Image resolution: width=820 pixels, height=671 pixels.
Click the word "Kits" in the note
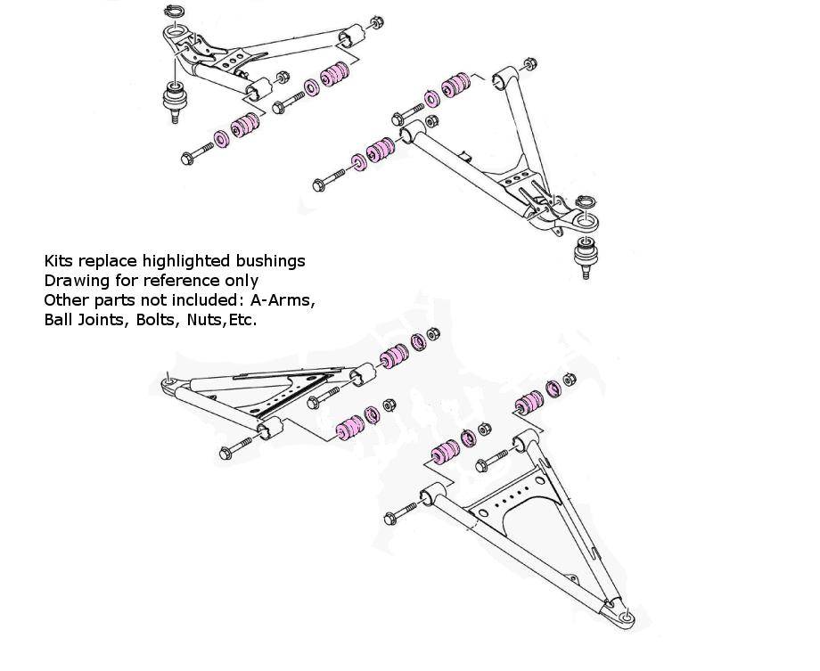click(59, 261)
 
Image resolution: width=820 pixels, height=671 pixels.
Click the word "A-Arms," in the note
click(285, 300)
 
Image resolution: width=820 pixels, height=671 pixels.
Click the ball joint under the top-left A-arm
click(176, 99)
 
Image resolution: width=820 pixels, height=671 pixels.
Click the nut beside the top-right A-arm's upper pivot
click(529, 63)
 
